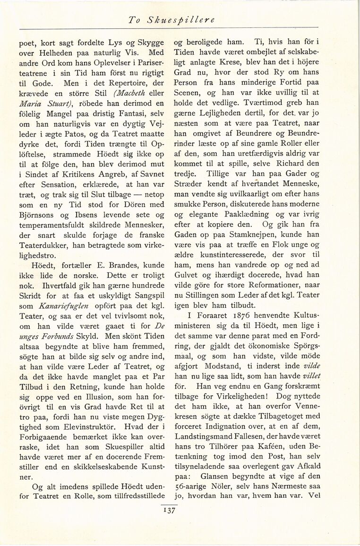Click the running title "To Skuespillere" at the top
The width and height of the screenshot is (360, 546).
point(172,20)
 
